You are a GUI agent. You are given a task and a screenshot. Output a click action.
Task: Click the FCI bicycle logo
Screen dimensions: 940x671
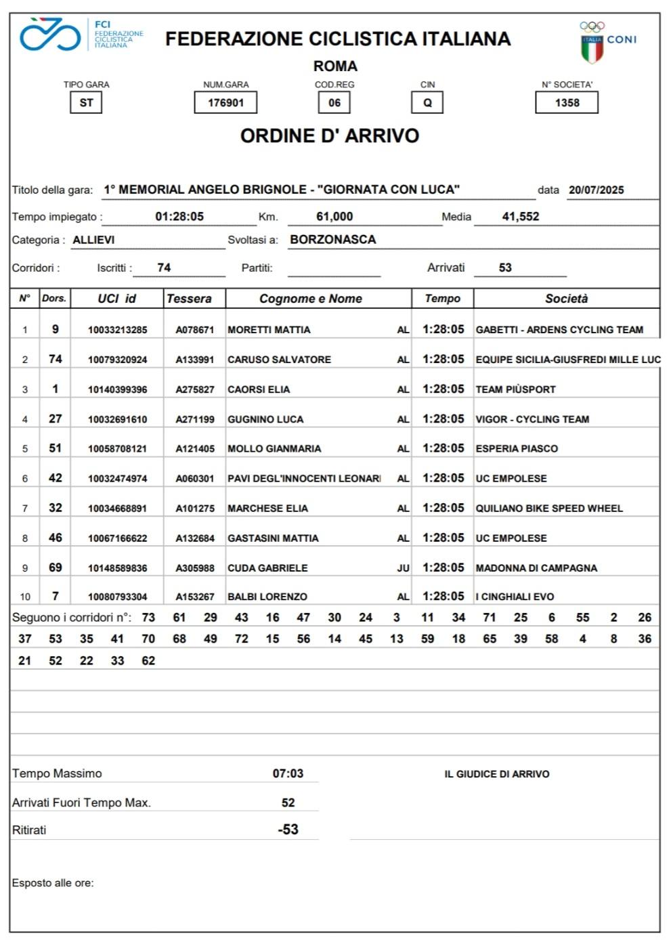tap(50, 35)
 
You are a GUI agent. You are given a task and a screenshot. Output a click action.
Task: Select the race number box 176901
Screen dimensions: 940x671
tap(225, 103)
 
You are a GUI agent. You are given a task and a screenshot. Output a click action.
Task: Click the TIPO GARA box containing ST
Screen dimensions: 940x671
tap(86, 103)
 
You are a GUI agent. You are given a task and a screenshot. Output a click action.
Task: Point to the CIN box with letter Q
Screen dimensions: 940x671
tap(427, 103)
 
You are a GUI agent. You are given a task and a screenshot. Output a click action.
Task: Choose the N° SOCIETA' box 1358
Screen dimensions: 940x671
tap(567, 103)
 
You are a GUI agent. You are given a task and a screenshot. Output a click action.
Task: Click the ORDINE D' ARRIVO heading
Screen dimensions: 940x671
tap(330, 136)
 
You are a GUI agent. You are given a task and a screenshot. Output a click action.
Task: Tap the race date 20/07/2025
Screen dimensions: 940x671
tap(596, 190)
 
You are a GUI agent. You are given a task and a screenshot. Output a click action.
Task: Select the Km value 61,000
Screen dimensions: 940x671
tap(334, 217)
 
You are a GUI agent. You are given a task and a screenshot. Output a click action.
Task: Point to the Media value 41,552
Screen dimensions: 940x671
tap(520, 217)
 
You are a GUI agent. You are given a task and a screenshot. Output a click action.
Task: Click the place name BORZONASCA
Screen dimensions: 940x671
tap(332, 240)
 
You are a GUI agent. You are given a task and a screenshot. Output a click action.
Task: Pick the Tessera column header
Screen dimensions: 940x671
tap(189, 299)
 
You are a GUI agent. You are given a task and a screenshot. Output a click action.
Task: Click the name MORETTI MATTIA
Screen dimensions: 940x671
tap(269, 330)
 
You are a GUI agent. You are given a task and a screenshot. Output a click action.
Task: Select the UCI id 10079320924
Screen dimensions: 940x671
tap(117, 360)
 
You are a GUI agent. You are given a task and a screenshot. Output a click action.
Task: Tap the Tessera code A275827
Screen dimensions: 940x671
tap(195, 389)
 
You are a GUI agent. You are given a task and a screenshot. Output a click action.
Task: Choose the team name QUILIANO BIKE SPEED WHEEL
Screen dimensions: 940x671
tap(549, 509)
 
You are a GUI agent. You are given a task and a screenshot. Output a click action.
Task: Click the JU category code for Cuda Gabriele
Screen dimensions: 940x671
tap(403, 568)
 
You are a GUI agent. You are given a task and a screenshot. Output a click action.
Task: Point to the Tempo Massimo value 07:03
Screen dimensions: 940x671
tap(288, 773)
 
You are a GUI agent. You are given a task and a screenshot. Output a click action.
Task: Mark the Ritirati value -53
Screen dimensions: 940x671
tap(288, 830)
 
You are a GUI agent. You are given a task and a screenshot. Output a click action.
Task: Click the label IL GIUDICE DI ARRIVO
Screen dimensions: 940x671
tap(497, 774)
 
